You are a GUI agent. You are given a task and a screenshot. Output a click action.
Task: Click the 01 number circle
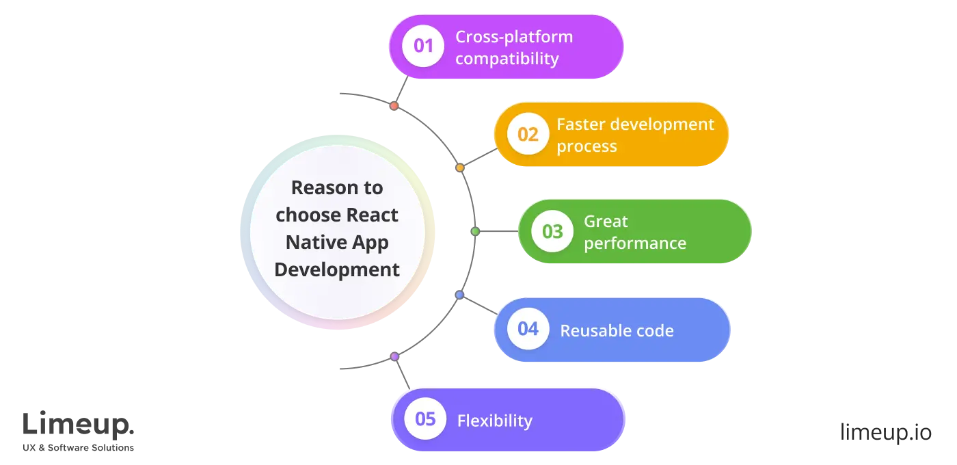pyautogui.click(x=423, y=46)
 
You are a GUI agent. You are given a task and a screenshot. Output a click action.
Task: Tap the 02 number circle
pyautogui.click(x=528, y=134)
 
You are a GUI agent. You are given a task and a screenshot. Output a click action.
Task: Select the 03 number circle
pyautogui.click(x=552, y=231)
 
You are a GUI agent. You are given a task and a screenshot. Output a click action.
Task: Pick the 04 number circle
pyautogui.click(x=528, y=329)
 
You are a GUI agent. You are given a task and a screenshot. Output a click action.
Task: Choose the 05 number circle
pyautogui.click(x=425, y=418)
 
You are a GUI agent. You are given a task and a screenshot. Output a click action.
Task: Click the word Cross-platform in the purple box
pyautogui.click(x=514, y=36)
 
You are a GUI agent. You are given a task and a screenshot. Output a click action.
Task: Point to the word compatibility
pyautogui.click(x=507, y=59)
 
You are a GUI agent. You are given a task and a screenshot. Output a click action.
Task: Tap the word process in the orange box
pyautogui.click(x=587, y=146)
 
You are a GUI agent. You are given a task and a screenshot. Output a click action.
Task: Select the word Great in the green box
pyautogui.click(x=606, y=221)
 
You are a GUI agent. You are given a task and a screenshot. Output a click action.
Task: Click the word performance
pyautogui.click(x=634, y=243)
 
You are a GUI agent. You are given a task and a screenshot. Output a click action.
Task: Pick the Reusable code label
pyautogui.click(x=617, y=331)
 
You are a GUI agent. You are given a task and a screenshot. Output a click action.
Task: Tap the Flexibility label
pyautogui.click(x=494, y=420)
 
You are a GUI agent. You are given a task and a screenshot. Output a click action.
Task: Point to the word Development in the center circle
pyautogui.click(x=337, y=269)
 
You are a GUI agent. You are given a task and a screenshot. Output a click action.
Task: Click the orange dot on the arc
pyautogui.click(x=459, y=168)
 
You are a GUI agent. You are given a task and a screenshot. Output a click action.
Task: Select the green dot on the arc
pyautogui.click(x=475, y=232)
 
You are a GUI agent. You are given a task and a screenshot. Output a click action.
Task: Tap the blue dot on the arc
pyautogui.click(x=459, y=295)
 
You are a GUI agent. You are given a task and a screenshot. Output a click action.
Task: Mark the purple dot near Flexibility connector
pyautogui.click(x=394, y=356)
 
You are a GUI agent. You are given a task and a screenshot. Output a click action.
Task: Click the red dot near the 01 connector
pyautogui.click(x=394, y=106)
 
